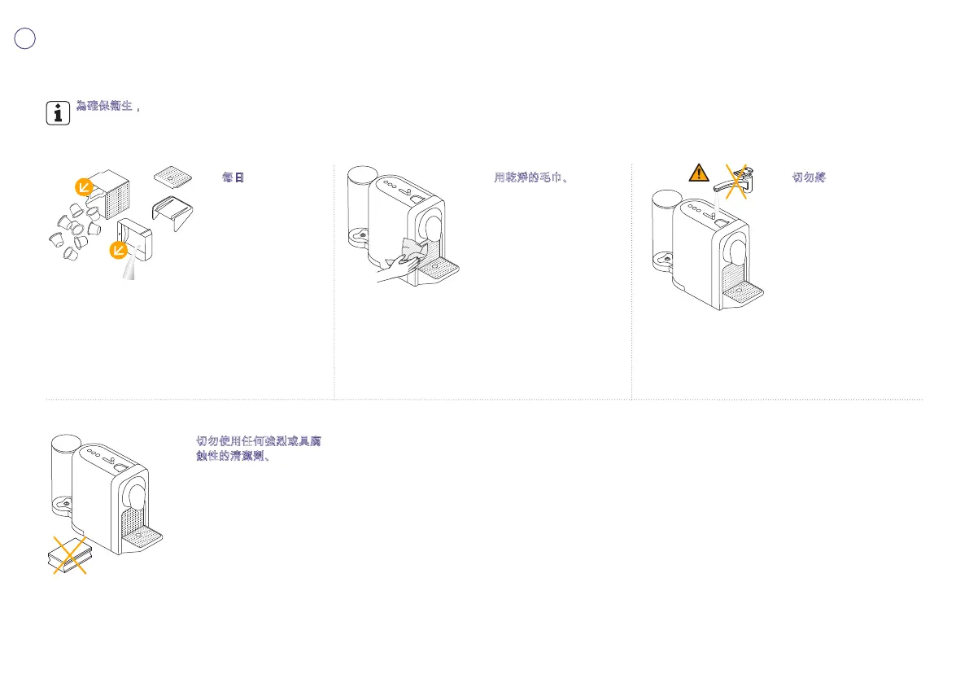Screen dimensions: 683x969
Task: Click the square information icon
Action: (x=57, y=113)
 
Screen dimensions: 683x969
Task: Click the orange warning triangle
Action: (x=697, y=173)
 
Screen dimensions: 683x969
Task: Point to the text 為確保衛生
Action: (x=104, y=106)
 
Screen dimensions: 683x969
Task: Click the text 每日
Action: (x=233, y=177)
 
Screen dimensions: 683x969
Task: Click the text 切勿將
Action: (x=809, y=177)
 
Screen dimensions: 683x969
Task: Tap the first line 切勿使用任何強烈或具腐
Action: (x=259, y=440)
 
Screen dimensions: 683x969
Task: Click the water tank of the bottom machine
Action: (x=63, y=468)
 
